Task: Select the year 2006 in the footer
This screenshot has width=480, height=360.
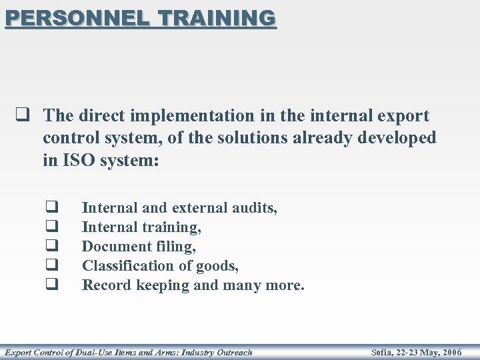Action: [451, 352]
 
